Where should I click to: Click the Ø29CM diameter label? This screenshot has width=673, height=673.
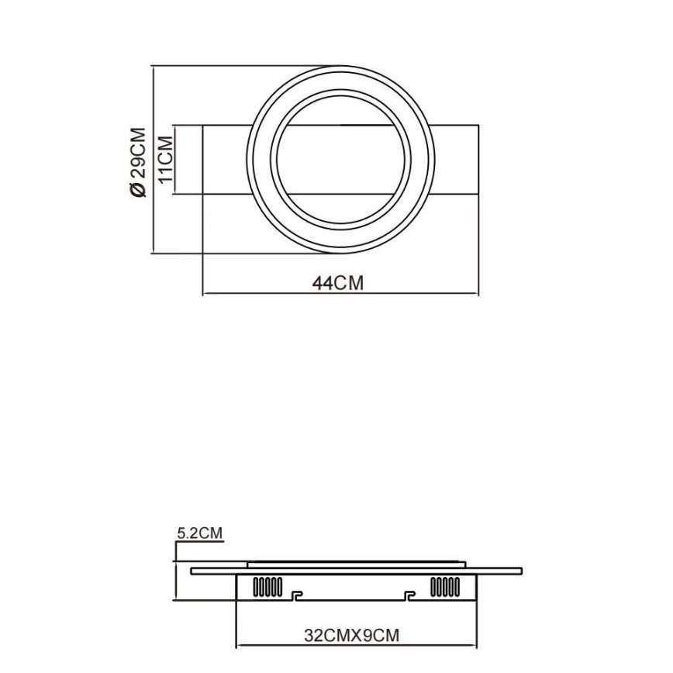point(138,162)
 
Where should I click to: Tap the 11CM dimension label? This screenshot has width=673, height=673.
point(165,159)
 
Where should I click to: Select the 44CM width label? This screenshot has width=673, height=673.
point(338,283)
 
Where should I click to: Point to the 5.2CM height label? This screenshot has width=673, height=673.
point(200,533)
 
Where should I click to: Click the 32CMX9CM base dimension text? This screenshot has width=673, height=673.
point(351,635)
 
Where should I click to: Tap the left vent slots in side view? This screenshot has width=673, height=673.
point(267,587)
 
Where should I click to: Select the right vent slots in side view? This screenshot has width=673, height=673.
point(445,587)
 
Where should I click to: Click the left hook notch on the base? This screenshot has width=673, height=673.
point(297,595)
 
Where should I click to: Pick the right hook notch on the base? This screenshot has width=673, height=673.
point(411,595)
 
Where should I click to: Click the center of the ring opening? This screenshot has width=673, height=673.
point(340,159)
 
